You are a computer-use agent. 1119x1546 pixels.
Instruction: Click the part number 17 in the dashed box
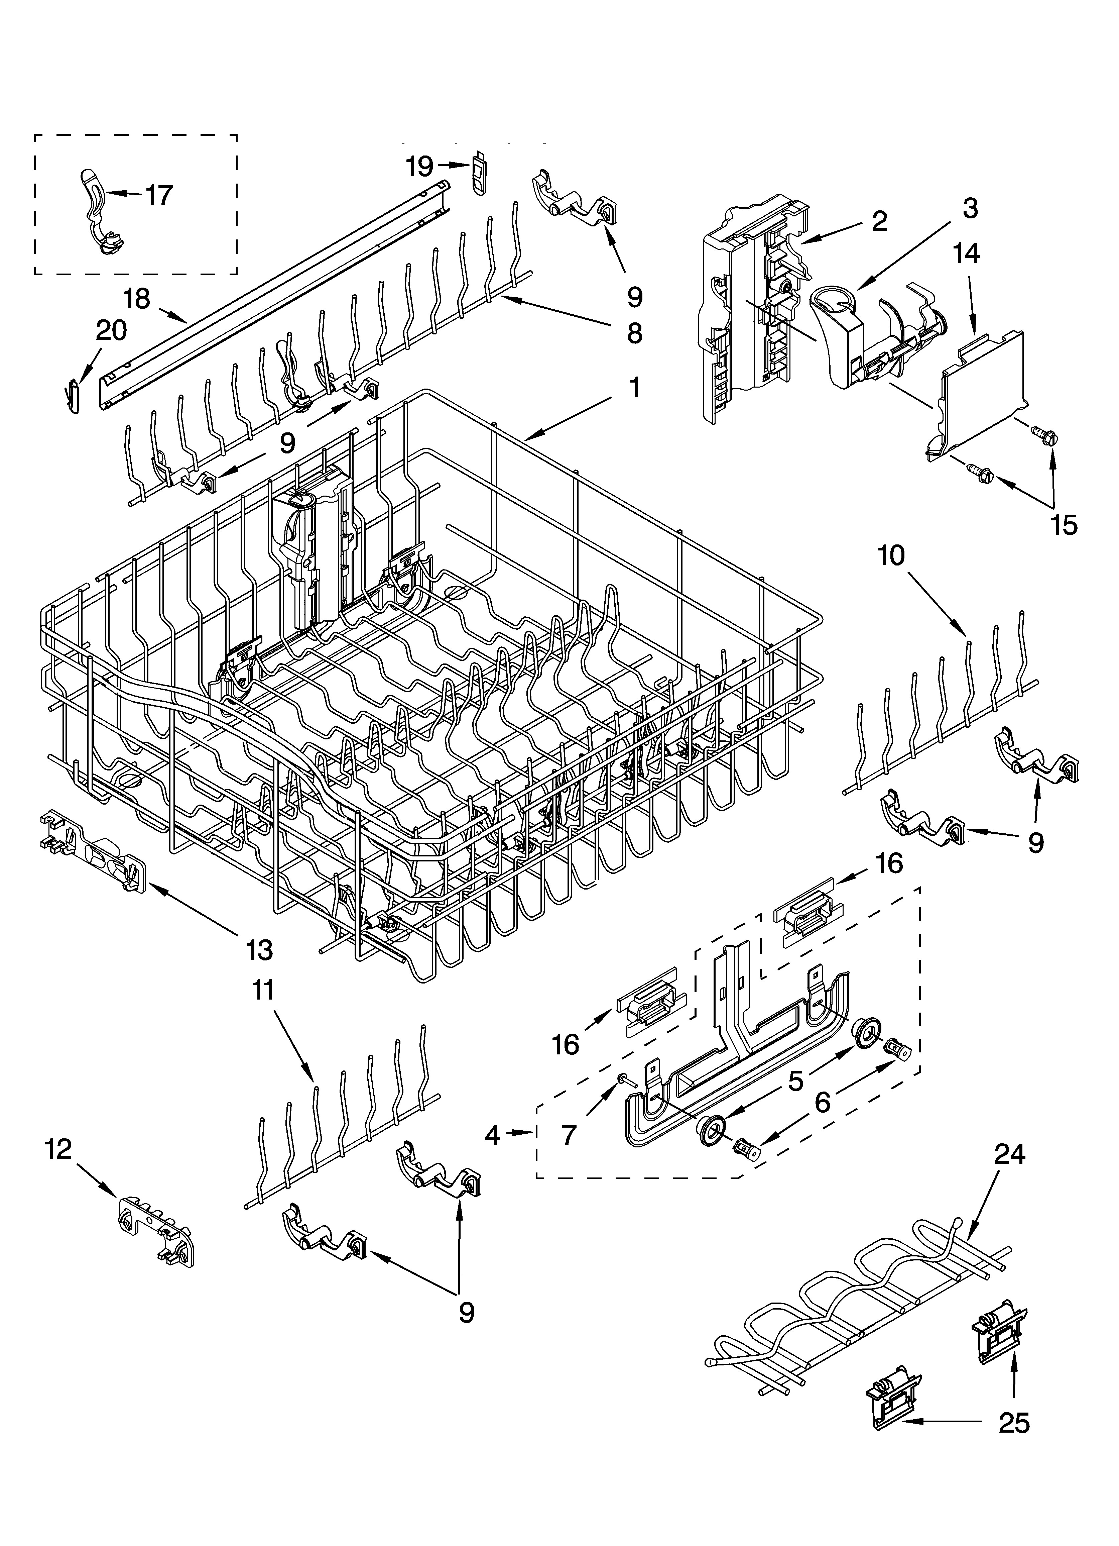(159, 196)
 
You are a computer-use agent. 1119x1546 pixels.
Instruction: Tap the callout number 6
(823, 1102)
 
